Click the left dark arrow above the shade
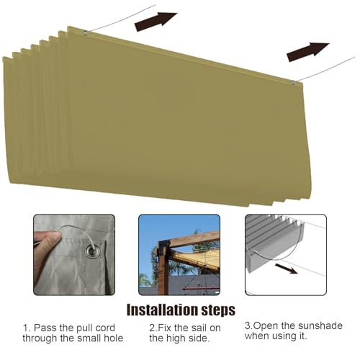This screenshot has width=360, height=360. [x=156, y=21]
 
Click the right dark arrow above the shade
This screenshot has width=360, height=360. [x=308, y=51]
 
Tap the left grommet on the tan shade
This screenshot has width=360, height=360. [x=85, y=32]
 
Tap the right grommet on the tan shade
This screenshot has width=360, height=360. [x=294, y=83]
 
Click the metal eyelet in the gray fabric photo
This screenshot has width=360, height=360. [x=93, y=251]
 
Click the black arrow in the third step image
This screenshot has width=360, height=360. [x=287, y=269]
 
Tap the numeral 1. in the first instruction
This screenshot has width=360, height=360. [x=27, y=328]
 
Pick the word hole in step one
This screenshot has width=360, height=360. [x=114, y=338]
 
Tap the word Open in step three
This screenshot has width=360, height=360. [x=266, y=326]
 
